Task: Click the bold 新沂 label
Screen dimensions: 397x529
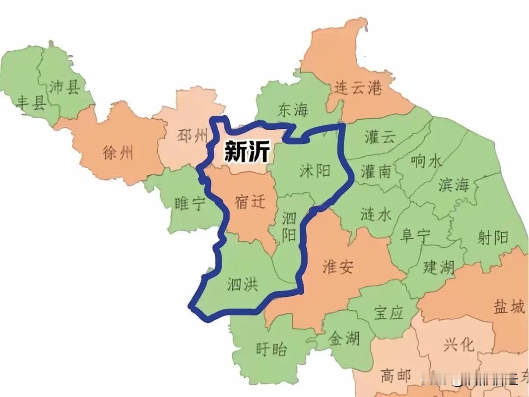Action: coord(246,152)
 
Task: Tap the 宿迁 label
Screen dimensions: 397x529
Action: coord(250,202)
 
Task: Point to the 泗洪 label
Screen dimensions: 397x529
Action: coord(242,285)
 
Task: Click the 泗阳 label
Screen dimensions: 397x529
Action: coord(288,227)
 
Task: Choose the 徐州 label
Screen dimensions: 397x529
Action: coord(118,153)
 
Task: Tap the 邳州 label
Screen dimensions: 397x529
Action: coord(192,136)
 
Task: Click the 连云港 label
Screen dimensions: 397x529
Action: coord(358,88)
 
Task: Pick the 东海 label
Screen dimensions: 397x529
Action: coord(293,110)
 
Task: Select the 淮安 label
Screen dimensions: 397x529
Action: coord(337,267)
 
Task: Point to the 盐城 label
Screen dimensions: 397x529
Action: coord(509,307)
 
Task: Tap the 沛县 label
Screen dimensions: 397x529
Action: coord(64,87)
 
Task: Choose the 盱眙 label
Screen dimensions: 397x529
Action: coord(271,349)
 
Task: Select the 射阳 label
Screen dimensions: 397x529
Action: coord(493,237)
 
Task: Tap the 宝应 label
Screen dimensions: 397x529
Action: coord(388,313)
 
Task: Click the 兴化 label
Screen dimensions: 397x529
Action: coord(458,344)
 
